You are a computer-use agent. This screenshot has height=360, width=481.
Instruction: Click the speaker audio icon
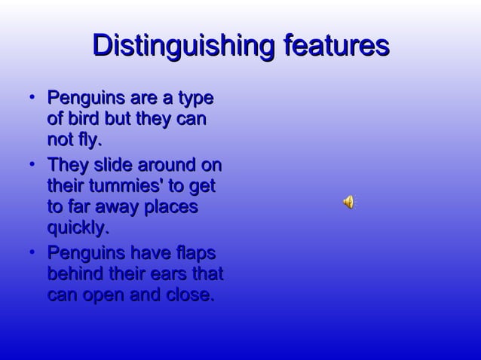tap(349, 201)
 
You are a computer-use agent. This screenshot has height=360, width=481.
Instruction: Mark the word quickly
tap(78, 227)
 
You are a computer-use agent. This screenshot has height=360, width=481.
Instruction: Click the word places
tap(170, 206)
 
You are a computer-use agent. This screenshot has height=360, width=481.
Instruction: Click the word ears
tap(172, 273)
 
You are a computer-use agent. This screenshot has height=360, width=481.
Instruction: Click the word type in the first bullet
tap(195, 99)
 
